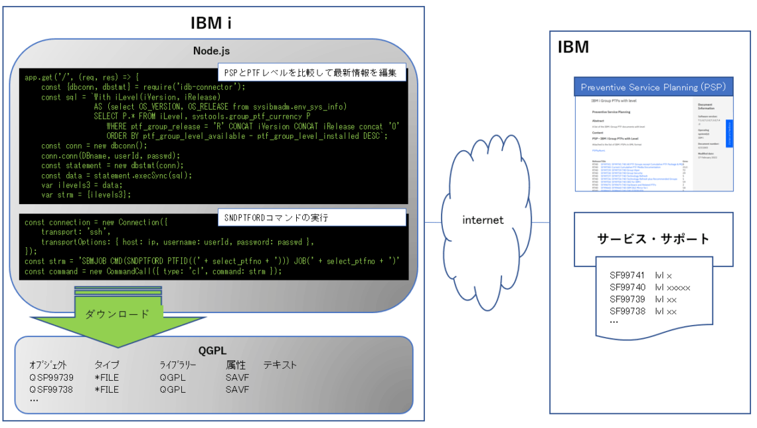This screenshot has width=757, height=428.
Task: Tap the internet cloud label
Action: [x=483, y=219]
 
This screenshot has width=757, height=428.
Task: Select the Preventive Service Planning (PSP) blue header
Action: [x=653, y=87]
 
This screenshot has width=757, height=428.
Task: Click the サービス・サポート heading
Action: [x=653, y=239]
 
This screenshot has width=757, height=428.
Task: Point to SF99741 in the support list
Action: [x=628, y=275]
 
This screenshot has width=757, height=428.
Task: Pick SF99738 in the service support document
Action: [x=628, y=311]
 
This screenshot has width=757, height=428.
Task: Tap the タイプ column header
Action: [x=107, y=365]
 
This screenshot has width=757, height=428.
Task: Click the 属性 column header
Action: [x=236, y=365]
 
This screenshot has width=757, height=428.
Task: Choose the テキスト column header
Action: [x=280, y=365]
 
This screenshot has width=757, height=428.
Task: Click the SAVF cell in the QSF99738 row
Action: [x=237, y=389]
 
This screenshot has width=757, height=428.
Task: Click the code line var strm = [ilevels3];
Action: [x=86, y=195]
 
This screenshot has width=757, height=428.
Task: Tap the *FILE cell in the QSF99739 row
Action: [x=107, y=377]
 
